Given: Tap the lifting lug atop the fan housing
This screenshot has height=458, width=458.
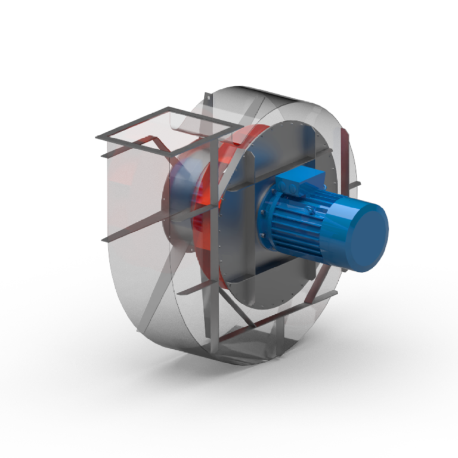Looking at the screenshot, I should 206,95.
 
